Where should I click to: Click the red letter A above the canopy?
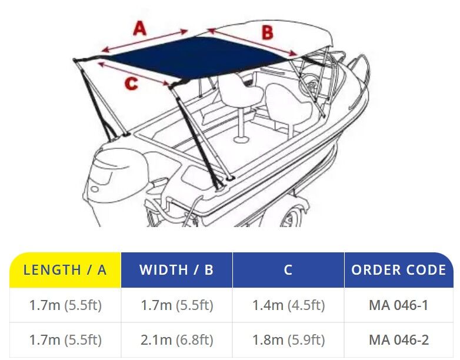[139, 28]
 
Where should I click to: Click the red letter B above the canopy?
[267, 32]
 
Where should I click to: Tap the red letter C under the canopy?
[131, 83]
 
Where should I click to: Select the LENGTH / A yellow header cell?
[65, 270]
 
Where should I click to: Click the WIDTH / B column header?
[176, 270]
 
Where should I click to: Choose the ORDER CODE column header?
[399, 270]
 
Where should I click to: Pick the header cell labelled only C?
[288, 270]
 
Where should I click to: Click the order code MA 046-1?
[399, 305]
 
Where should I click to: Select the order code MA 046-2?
[399, 340]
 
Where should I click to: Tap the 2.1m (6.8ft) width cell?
[176, 340]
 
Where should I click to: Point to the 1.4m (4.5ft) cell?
[289, 305]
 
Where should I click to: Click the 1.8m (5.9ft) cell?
[289, 340]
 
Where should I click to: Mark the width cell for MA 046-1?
[177, 305]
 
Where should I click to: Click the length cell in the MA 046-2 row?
[65, 340]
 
